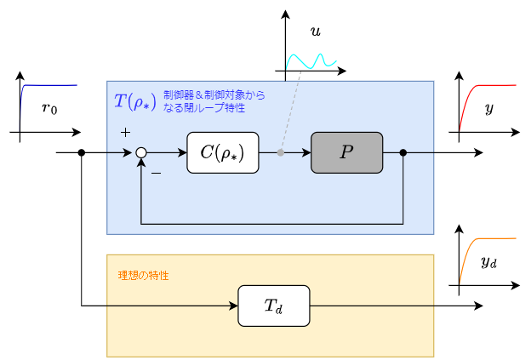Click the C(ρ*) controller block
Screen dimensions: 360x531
(222, 153)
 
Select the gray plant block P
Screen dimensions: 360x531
(346, 153)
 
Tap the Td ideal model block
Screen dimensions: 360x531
(273, 306)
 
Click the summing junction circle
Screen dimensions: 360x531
(141, 153)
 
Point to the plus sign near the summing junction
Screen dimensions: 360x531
(125, 133)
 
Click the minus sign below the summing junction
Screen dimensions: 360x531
(156, 174)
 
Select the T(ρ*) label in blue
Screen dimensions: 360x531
(134, 102)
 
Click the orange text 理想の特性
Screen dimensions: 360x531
(143, 276)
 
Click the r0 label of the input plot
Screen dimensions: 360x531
(49, 109)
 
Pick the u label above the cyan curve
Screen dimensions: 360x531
(316, 31)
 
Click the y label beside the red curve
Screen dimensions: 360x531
(488, 108)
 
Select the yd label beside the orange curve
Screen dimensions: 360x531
(488, 261)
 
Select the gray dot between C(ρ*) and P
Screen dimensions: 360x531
(282, 153)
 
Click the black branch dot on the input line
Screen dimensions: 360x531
(82, 153)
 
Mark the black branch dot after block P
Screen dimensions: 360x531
(403, 153)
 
